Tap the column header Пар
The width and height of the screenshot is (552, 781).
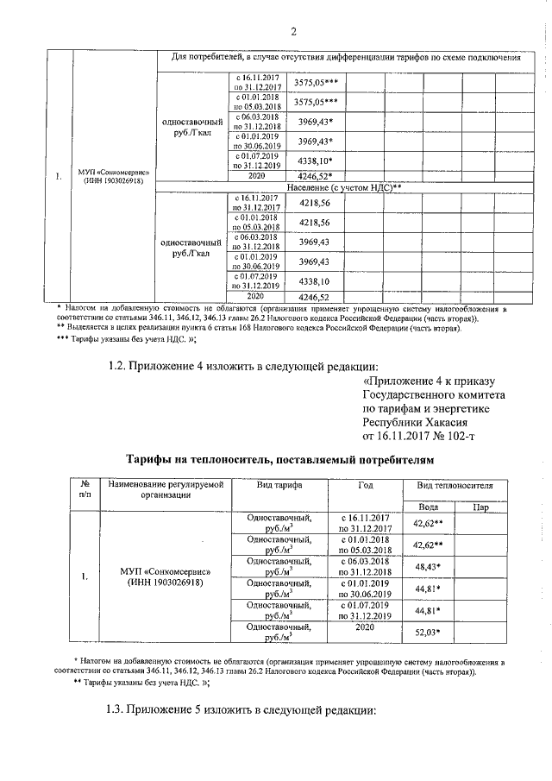coord(481,507)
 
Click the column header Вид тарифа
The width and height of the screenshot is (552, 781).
coord(279,486)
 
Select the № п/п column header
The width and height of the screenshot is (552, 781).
coord(85,491)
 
